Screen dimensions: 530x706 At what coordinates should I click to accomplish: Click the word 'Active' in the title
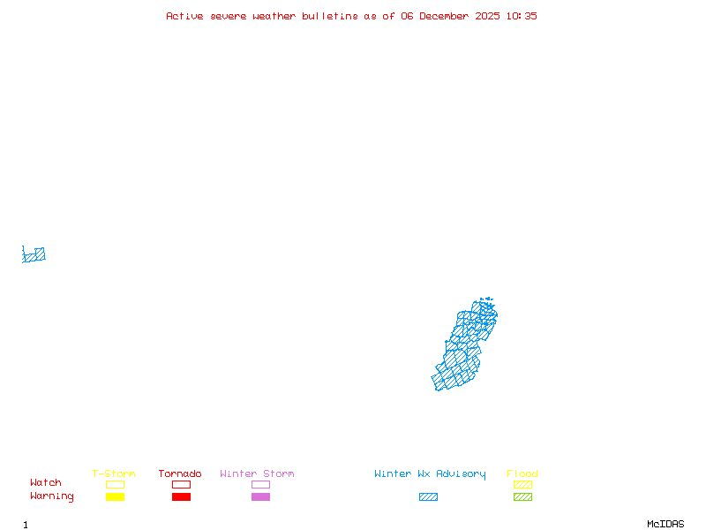click(x=185, y=16)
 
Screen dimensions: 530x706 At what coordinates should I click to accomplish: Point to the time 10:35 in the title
click(x=522, y=16)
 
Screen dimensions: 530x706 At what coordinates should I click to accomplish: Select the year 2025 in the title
click(x=488, y=16)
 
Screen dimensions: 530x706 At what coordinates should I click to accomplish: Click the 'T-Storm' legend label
click(x=114, y=474)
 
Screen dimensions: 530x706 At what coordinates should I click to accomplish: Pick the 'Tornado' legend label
click(x=180, y=474)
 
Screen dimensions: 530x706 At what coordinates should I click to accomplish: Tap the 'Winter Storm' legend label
click(x=257, y=474)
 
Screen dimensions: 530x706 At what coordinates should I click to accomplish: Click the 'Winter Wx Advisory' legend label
click(x=430, y=474)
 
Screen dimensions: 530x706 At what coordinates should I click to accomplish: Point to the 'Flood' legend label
click(x=522, y=474)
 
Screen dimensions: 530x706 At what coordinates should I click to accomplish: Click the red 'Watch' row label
click(x=46, y=483)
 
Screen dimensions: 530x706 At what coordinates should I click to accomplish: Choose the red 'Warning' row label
click(x=52, y=496)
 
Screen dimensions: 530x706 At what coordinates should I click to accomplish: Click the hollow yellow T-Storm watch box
click(x=115, y=484)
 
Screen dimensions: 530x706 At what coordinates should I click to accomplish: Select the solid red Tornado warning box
click(x=181, y=496)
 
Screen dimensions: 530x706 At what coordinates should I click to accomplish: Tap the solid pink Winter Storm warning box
click(x=260, y=496)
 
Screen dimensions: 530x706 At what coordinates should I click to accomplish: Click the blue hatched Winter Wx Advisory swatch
click(x=428, y=496)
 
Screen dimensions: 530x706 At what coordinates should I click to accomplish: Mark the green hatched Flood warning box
click(x=522, y=496)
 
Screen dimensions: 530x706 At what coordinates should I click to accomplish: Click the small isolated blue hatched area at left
click(x=34, y=255)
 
